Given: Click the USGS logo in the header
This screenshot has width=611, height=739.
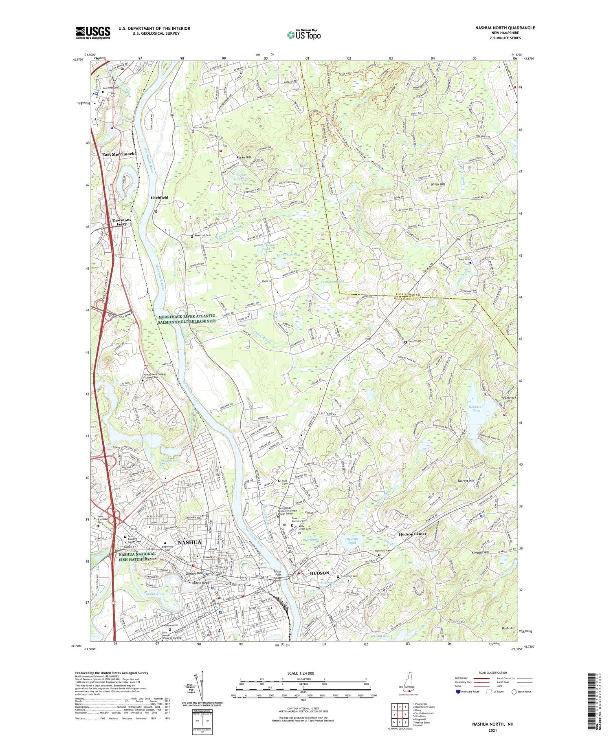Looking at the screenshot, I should point(93,33).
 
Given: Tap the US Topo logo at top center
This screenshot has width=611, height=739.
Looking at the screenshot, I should point(303,35).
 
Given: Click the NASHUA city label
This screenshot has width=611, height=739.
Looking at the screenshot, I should point(189,542).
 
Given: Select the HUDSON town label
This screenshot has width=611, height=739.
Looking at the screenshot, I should point(319,573).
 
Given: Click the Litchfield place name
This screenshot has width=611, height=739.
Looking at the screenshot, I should point(159,197).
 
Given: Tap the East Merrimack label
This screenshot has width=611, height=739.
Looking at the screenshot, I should point(118,154).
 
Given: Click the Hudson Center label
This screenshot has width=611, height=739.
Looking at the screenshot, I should point(412,534).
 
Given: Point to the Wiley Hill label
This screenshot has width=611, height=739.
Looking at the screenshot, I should point(438,184).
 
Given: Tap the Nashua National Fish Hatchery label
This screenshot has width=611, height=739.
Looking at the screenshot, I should point(137,556).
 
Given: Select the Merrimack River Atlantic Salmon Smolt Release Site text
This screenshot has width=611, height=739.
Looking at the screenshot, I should point(187,318).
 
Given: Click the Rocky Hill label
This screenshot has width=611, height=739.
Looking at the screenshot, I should point(244,157).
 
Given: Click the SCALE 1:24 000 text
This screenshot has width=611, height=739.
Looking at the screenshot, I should point(303,673).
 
